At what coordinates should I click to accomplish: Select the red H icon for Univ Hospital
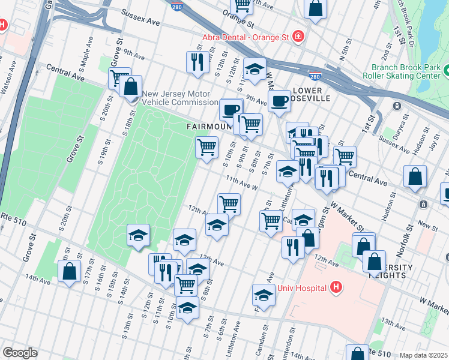pos(336,288)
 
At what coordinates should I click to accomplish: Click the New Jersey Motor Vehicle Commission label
pos(176,98)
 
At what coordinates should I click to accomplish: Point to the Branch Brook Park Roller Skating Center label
pos(406,71)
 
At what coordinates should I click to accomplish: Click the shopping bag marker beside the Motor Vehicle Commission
pos(130,86)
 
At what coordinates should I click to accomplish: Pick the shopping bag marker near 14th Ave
pos(70,271)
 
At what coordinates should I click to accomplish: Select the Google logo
pos(20,353)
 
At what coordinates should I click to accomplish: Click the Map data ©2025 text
pos(423,355)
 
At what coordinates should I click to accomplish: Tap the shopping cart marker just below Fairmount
pos(206,146)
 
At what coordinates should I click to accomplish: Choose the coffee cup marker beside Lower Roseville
pos(279,101)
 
